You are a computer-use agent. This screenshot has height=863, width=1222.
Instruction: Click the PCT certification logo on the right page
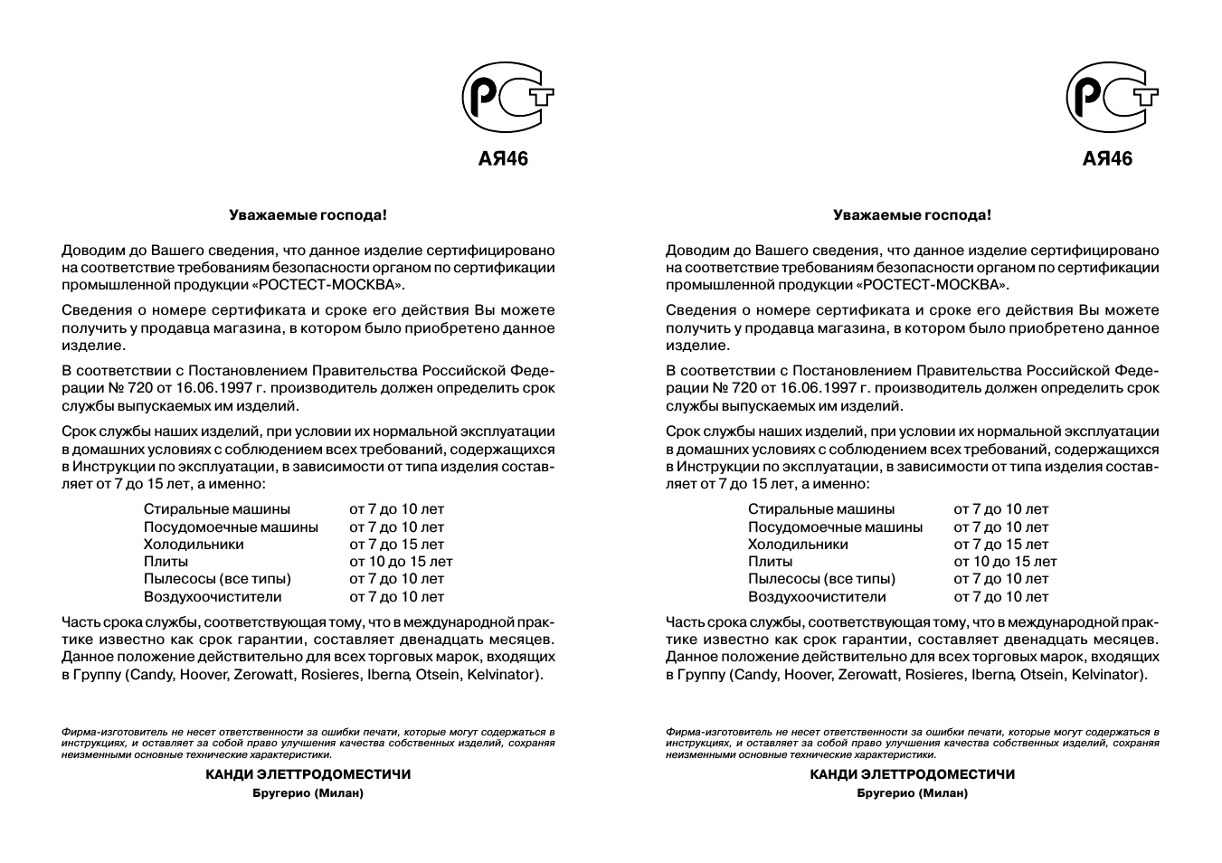coord(1111,98)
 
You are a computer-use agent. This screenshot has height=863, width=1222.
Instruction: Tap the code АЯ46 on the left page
coord(503,159)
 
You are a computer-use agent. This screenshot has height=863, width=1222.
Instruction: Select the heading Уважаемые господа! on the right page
coord(912,215)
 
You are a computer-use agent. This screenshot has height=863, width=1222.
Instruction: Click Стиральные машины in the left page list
coord(217,509)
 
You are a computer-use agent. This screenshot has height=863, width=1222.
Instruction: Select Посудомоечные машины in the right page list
coord(835,526)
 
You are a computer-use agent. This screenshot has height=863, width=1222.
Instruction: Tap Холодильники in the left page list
coord(194,545)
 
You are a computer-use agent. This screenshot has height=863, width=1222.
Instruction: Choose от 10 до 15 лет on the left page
coord(401,562)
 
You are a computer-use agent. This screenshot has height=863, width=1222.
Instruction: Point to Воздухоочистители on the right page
coord(817,597)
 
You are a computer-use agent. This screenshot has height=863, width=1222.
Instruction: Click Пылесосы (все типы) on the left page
coord(217,579)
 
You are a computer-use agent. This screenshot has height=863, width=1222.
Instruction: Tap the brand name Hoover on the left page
coord(204,675)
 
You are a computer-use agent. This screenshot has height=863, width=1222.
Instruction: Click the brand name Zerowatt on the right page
coord(867,675)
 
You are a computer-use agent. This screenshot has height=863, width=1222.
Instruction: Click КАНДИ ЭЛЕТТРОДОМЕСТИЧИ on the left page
coord(308,774)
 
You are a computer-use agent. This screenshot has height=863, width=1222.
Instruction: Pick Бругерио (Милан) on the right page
coord(912,793)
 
